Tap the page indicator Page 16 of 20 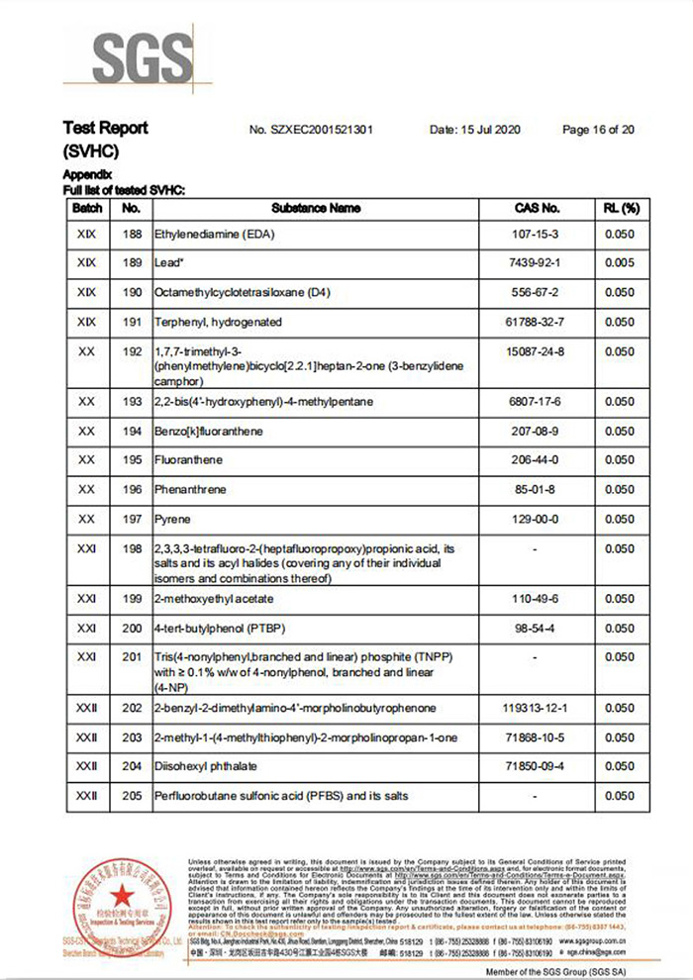(598, 130)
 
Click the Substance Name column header (316, 209)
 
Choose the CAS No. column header (538, 209)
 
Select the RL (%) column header (621, 209)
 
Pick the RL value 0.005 (621, 263)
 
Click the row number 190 (131, 293)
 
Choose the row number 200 (131, 629)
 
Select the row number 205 (131, 796)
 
